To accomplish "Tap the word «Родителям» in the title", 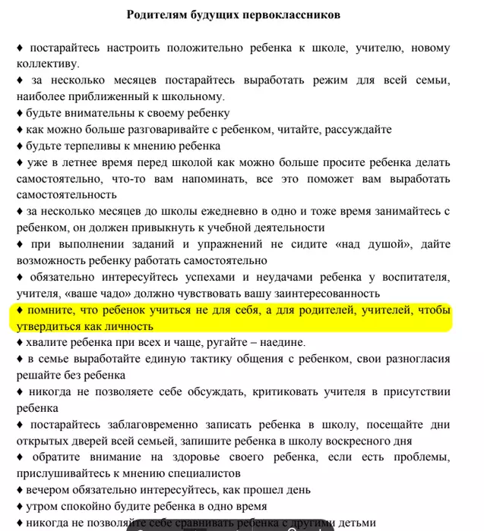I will (157, 14).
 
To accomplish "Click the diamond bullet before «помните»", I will (21, 311).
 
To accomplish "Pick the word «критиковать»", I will (277, 392).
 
